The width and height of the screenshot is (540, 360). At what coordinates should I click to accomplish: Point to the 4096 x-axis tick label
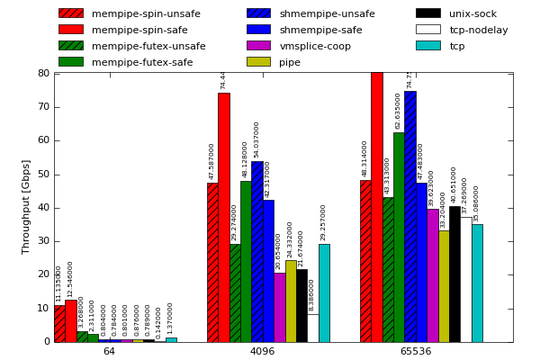coord(262,351)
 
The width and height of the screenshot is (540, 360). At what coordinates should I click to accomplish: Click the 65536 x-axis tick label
coord(415,351)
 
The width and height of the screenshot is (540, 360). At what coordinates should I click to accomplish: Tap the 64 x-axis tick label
coord(109,351)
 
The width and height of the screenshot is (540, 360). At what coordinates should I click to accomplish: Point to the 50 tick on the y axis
coord(43,175)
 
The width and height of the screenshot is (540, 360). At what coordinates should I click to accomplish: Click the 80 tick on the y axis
coord(43,74)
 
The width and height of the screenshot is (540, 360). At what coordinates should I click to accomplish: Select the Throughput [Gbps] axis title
coord(27,207)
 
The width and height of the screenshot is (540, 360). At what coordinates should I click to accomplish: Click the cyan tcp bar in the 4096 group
coord(324,292)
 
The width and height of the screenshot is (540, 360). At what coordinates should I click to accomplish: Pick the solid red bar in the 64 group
coord(70,320)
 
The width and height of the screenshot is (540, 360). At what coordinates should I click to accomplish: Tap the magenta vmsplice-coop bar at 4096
coord(280,307)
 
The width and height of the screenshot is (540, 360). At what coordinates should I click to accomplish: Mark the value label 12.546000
coord(70,279)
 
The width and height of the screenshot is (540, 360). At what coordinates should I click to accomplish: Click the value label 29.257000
coord(324,222)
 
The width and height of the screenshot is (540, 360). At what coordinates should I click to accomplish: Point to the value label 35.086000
coord(477,203)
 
